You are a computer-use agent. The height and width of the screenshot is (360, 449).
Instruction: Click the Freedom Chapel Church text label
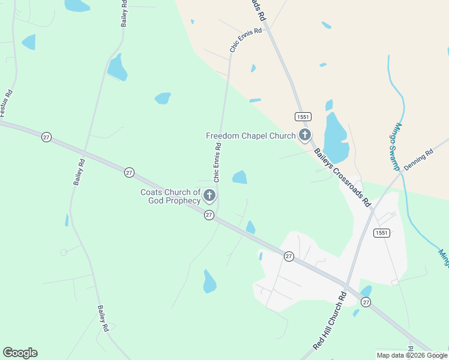tap(250, 136)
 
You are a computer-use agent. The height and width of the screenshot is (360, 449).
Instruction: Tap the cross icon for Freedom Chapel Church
tap(305, 135)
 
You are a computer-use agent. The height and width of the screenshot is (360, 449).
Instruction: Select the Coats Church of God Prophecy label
tap(170, 196)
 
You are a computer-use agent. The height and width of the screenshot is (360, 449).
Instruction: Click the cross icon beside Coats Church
tap(209, 195)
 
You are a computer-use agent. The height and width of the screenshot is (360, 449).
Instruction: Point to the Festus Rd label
tap(6, 103)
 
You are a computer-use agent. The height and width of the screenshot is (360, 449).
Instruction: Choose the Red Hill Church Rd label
tap(330, 322)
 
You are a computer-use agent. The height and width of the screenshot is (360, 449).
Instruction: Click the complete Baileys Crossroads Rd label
tap(341, 177)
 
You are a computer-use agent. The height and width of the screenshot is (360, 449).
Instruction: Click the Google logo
tap(20, 353)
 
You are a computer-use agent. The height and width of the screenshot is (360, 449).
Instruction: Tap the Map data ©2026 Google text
tap(412, 355)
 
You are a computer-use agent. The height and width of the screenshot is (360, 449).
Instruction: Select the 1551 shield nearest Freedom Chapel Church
tap(302, 115)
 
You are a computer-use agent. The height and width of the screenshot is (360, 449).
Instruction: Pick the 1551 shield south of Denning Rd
tap(381, 233)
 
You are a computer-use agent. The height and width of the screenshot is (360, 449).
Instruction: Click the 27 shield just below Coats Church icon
tap(209, 215)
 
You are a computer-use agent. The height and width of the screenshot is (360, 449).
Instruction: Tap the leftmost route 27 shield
tap(46, 137)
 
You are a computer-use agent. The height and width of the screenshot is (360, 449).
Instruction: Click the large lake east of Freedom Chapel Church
tap(335, 139)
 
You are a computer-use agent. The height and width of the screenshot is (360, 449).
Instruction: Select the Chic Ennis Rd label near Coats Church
tap(217, 161)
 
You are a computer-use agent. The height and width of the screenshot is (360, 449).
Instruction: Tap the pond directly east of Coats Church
tap(240, 177)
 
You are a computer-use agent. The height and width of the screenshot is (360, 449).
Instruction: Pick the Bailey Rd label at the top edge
tap(124, 13)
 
